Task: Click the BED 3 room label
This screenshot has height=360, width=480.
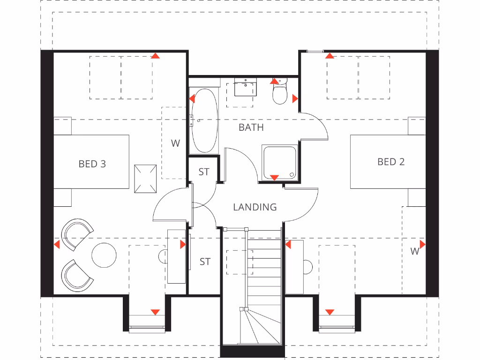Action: (x=92, y=164)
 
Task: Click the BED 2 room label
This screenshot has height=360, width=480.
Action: (x=391, y=162)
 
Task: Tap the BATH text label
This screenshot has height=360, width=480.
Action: (x=251, y=127)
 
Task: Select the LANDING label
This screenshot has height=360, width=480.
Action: (x=255, y=207)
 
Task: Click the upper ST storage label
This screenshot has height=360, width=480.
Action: (x=204, y=172)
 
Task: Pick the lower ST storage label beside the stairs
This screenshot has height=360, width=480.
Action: (x=205, y=262)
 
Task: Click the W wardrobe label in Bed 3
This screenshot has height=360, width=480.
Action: (x=175, y=143)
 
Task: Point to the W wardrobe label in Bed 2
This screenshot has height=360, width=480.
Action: (x=414, y=251)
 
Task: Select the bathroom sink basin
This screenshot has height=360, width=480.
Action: (x=245, y=87)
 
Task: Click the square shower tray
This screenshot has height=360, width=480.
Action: (x=279, y=162)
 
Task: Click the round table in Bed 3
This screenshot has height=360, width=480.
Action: (x=104, y=255)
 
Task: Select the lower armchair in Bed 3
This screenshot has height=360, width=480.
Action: (x=76, y=274)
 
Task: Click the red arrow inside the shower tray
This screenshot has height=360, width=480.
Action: (x=275, y=178)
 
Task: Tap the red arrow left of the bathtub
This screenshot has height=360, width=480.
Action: (x=192, y=98)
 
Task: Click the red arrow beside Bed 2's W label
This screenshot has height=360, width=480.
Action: (x=422, y=244)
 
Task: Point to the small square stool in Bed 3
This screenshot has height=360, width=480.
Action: (x=145, y=179)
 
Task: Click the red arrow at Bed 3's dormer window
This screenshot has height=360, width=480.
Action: (x=155, y=312)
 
